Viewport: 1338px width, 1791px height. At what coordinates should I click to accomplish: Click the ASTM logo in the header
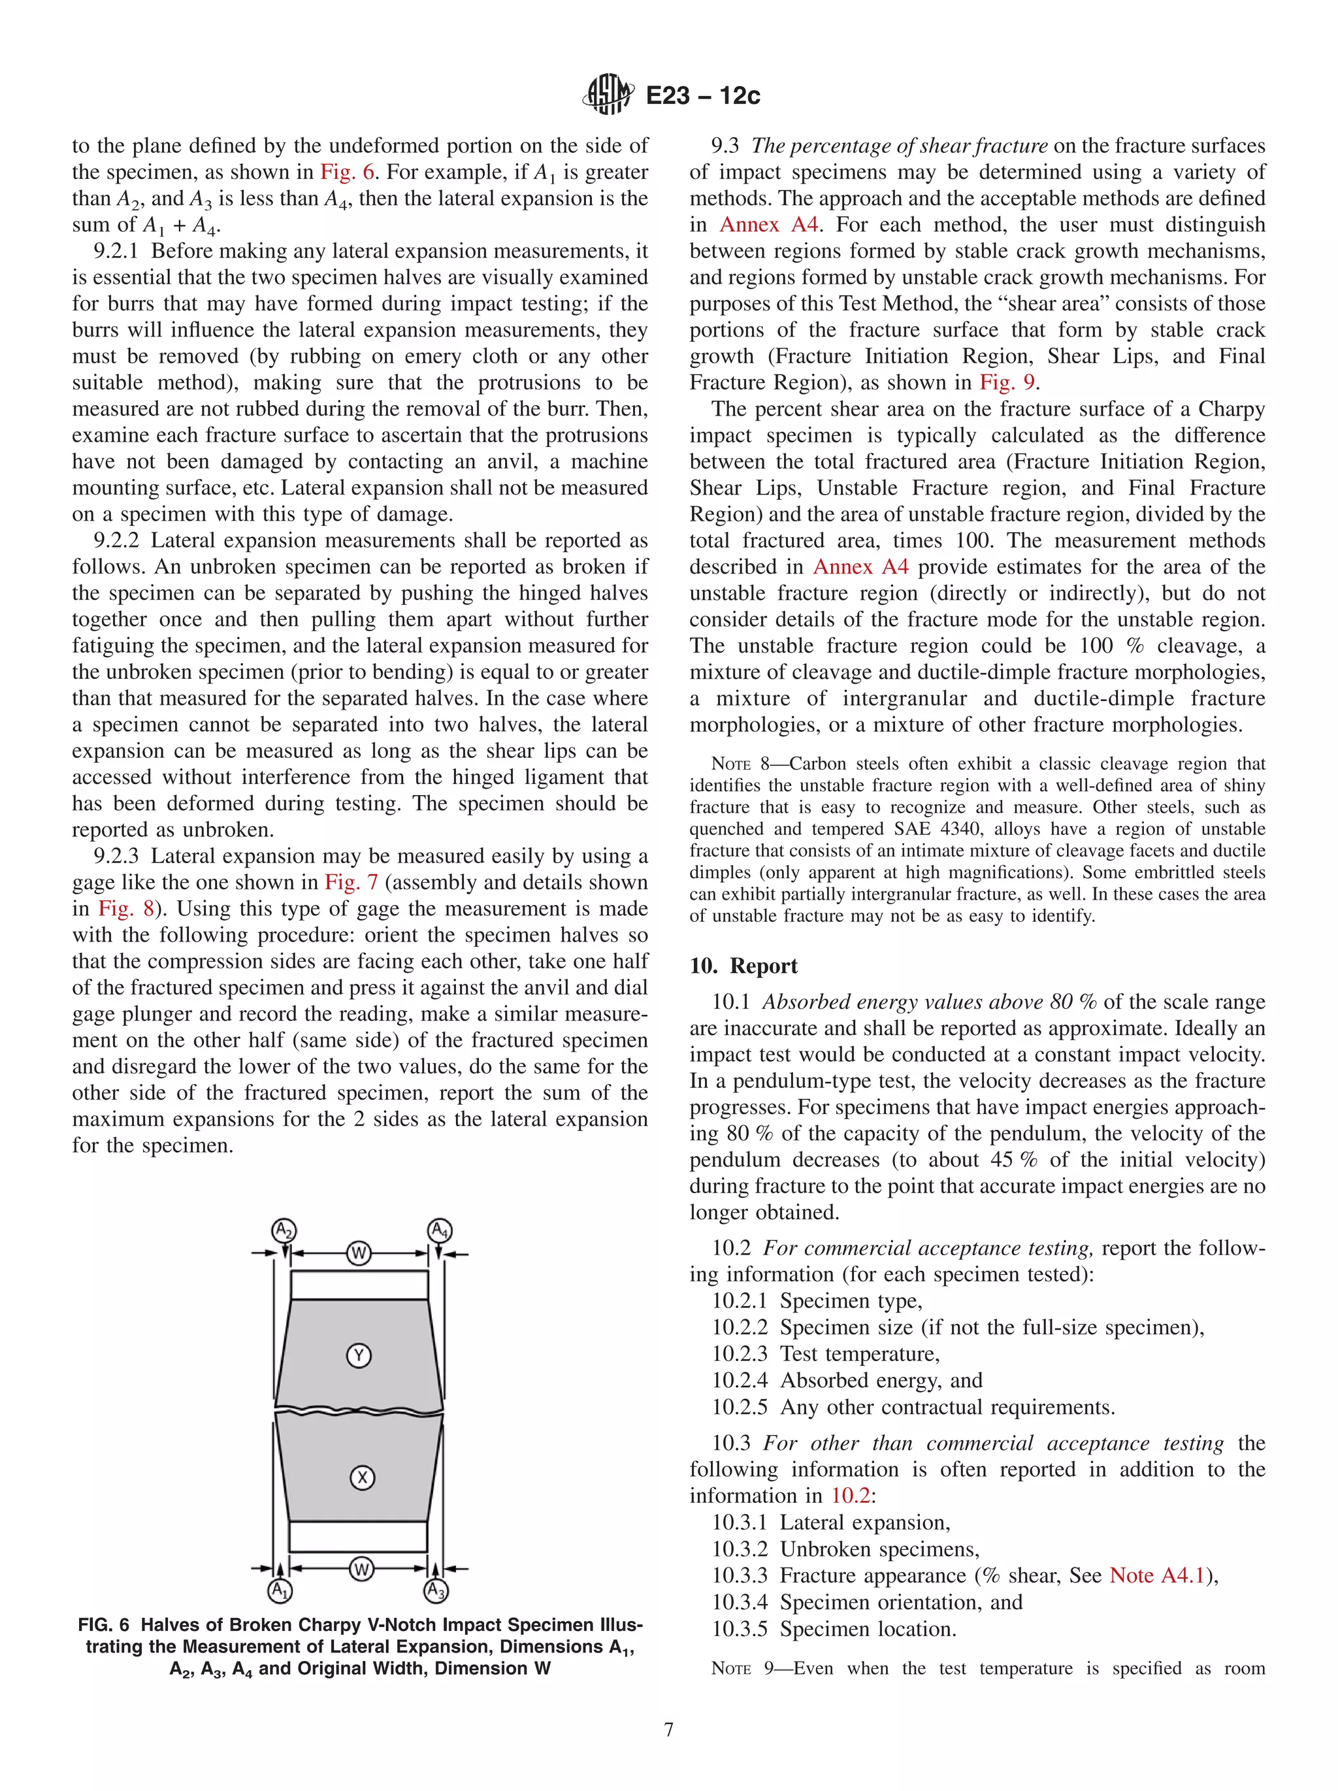(x=607, y=95)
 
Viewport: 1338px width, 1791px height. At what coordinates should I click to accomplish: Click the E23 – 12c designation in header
(x=702, y=96)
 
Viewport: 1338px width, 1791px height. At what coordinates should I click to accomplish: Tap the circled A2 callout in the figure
(x=284, y=1232)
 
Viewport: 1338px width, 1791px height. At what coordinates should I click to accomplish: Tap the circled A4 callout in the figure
(x=440, y=1232)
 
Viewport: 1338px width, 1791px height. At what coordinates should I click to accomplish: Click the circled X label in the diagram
(x=362, y=1477)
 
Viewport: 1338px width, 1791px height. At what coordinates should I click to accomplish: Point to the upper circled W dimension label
(x=359, y=1253)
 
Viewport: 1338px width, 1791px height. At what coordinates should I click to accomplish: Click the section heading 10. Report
(x=743, y=966)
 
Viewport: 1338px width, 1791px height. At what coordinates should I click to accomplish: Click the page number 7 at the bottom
(x=668, y=1730)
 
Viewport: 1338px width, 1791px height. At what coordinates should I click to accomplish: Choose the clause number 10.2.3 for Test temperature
(x=739, y=1354)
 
